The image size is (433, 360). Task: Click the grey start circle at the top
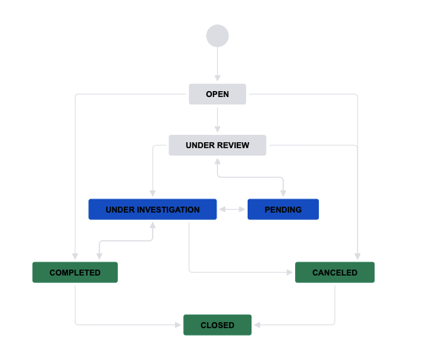click(x=217, y=36)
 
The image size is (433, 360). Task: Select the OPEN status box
click(x=217, y=94)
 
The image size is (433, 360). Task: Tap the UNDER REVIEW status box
click(x=217, y=145)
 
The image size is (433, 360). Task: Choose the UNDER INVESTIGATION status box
click(x=153, y=210)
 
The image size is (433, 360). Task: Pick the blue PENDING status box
click(x=283, y=210)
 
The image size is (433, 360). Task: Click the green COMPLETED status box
click(x=75, y=273)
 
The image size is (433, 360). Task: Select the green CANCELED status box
click(x=334, y=273)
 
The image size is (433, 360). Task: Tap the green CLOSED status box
click(x=217, y=325)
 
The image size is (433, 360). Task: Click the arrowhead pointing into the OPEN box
click(x=217, y=78)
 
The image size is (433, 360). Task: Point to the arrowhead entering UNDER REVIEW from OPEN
click(x=217, y=129)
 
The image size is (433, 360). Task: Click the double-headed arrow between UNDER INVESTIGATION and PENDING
click(x=232, y=210)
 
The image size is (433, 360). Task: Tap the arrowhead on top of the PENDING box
click(x=283, y=193)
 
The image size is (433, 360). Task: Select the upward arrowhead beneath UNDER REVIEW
click(x=217, y=161)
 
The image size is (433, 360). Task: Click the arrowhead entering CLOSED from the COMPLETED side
click(x=178, y=325)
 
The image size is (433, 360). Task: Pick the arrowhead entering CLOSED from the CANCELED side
click(x=257, y=325)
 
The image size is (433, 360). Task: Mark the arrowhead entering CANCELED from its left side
click(x=289, y=273)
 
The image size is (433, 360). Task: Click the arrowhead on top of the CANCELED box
click(x=357, y=256)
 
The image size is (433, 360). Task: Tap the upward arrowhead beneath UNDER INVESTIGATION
click(x=153, y=226)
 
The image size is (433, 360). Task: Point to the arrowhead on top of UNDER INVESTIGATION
click(x=153, y=193)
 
